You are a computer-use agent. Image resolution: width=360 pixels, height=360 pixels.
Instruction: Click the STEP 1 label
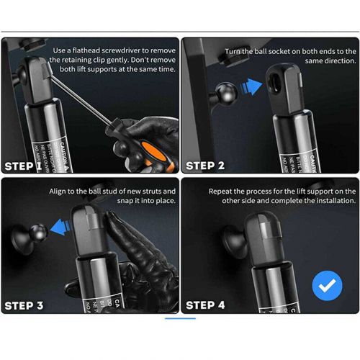pos(24,166)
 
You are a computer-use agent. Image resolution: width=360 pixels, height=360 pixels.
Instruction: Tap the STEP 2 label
pos(205,166)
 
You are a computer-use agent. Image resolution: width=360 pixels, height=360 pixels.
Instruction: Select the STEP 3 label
pos(24,305)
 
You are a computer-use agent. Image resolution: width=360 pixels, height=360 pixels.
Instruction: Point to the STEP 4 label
pos(205,305)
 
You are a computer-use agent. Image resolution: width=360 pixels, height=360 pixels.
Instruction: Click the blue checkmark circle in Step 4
pos(327,286)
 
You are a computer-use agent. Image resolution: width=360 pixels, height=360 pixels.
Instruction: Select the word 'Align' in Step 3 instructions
pos(63,192)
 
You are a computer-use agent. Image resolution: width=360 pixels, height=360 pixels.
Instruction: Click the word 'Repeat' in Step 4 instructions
pos(222,192)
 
